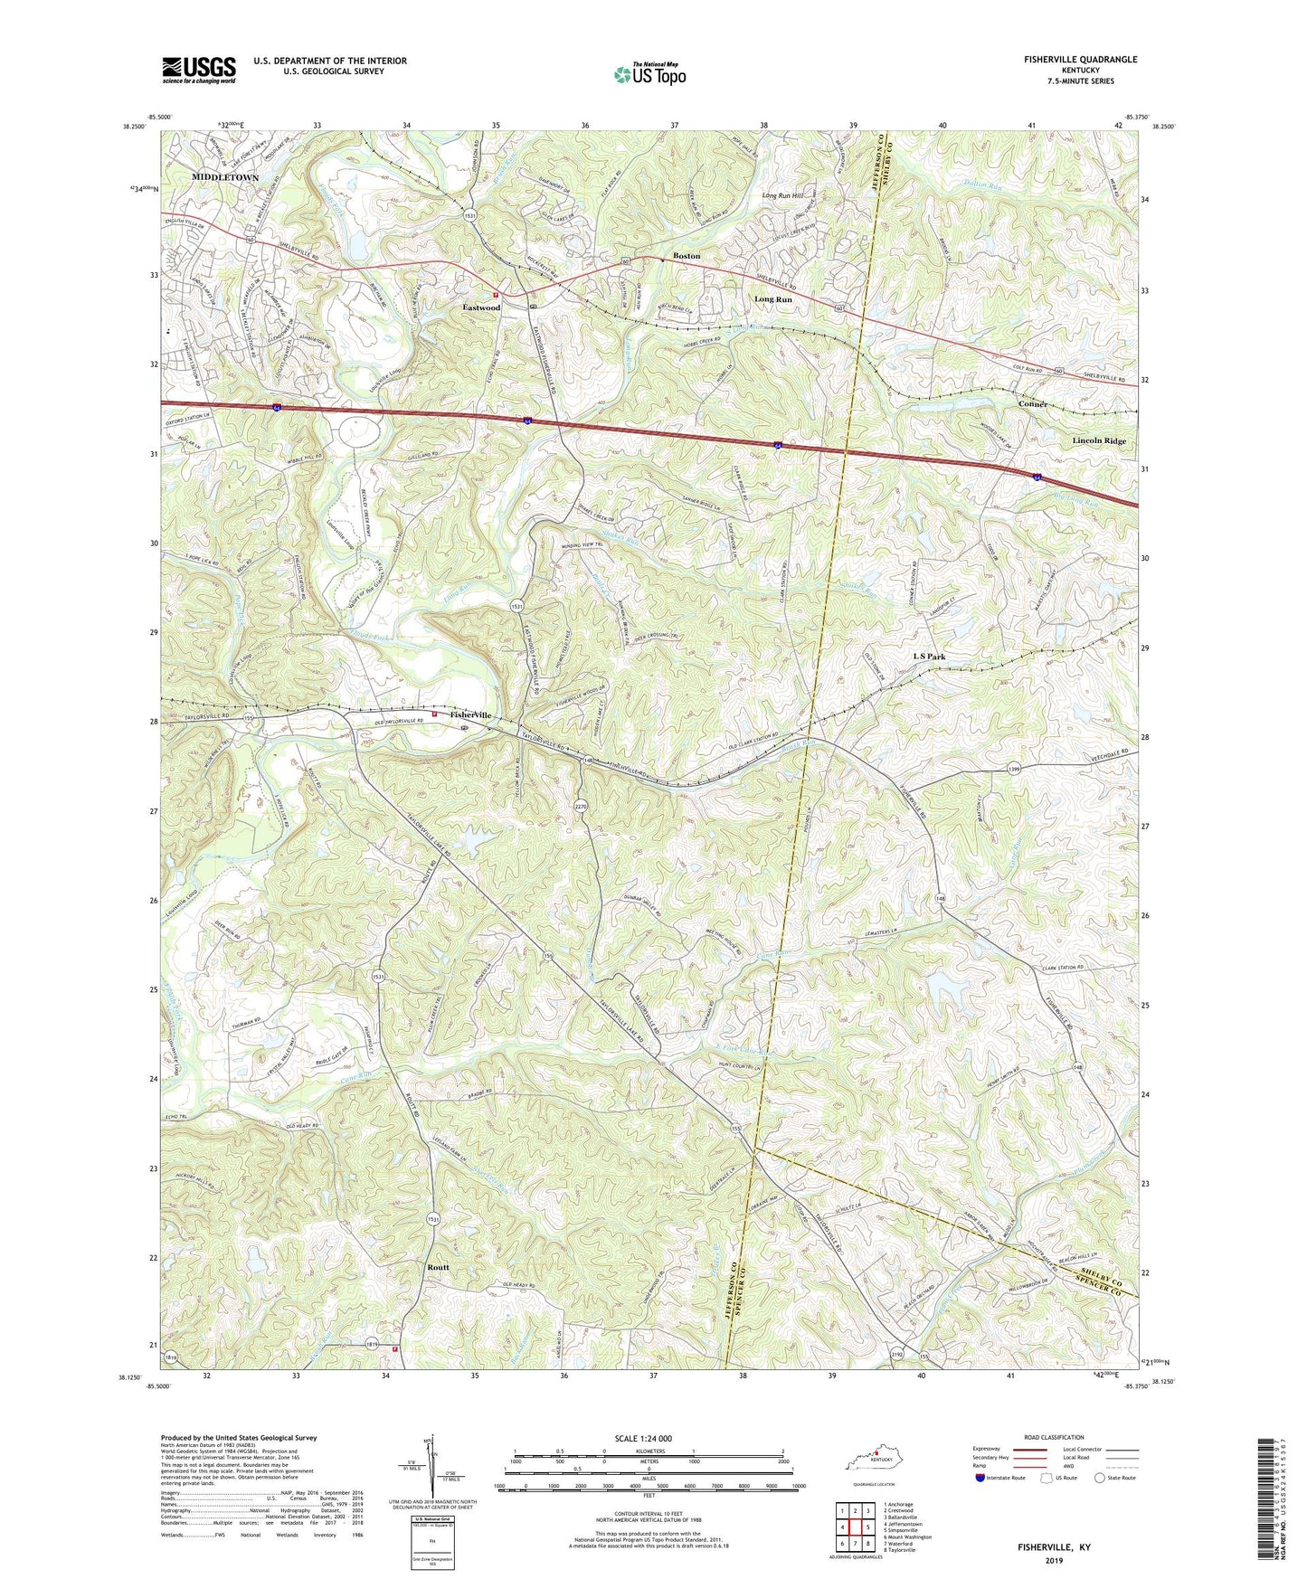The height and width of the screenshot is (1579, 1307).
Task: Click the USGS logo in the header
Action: [199, 70]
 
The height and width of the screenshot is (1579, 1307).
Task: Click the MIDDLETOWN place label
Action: [225, 177]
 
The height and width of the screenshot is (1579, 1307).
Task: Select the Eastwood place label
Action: [481, 307]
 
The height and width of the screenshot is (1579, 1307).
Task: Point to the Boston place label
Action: [687, 256]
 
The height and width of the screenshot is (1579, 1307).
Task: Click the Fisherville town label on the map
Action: [468, 714]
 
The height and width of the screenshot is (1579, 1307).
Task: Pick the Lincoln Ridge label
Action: [1099, 440]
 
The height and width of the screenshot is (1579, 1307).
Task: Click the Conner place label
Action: [1033, 404]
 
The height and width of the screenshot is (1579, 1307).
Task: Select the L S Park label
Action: [930, 656]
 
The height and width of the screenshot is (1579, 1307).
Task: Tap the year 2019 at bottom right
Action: [1055, 1561]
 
